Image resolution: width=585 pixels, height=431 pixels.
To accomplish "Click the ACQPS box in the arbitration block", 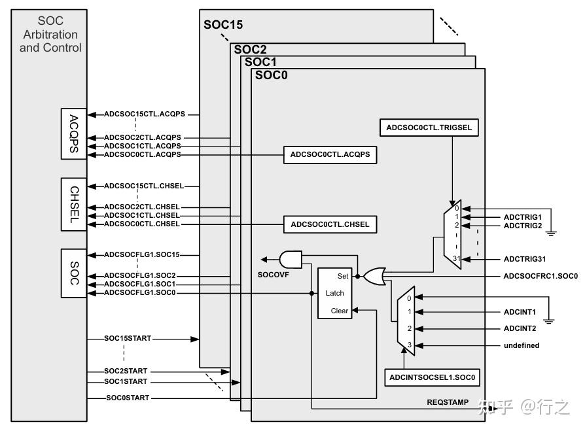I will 73,133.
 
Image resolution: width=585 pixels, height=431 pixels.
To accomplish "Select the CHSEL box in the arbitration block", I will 73,204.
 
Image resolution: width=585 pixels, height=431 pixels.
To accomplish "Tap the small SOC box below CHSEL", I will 73,272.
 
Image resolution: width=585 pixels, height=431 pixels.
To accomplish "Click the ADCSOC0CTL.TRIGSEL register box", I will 429,128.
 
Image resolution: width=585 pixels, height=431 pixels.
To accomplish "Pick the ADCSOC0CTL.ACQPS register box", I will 330,155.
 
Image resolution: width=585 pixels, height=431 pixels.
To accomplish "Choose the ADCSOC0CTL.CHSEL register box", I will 330,224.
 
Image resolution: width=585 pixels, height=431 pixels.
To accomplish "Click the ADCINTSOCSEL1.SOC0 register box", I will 433,378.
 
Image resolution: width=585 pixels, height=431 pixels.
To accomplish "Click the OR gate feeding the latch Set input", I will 374,275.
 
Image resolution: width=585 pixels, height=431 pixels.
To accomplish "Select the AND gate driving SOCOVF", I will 290,259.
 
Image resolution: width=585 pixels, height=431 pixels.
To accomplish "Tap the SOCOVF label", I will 274,275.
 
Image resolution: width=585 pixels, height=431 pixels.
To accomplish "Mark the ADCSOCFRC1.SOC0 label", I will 541,276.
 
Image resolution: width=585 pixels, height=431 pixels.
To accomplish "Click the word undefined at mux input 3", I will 522,345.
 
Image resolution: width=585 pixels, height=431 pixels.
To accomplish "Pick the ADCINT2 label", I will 520,328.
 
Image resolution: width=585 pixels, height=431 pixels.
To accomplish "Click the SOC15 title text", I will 223,25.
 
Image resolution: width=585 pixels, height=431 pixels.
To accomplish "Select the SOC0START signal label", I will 128,398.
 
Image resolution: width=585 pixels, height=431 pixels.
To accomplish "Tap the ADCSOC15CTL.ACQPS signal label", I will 145,114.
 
